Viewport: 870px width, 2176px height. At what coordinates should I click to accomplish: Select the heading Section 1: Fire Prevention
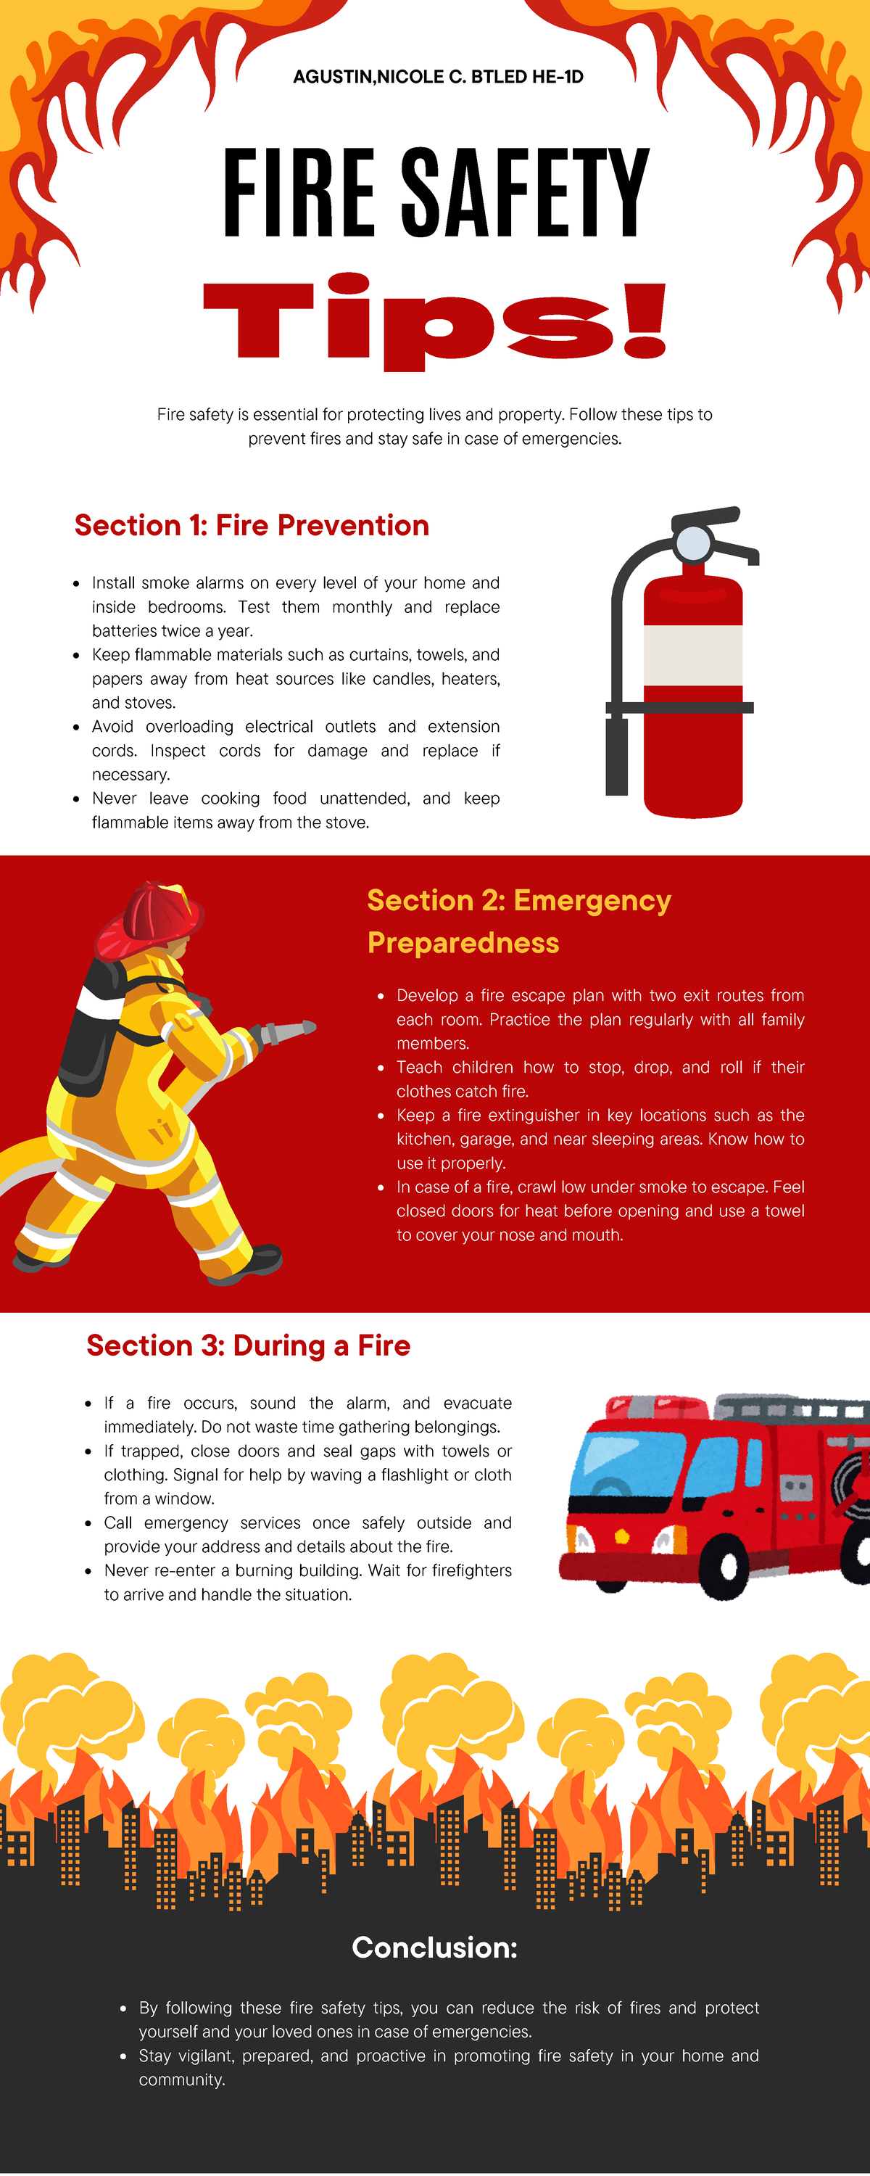tap(252, 525)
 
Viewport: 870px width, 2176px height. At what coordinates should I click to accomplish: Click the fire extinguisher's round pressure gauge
tap(695, 543)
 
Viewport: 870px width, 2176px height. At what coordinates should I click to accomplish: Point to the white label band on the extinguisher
tap(692, 655)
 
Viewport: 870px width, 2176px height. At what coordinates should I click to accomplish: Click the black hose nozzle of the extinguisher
tap(616, 756)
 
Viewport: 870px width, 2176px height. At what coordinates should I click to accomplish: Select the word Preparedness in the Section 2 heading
tap(463, 943)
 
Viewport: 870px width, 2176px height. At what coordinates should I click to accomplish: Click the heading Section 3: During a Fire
tap(249, 1345)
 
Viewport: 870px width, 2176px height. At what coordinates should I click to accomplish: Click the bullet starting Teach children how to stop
tap(600, 1079)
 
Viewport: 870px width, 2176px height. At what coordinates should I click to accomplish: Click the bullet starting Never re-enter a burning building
tap(307, 1582)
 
